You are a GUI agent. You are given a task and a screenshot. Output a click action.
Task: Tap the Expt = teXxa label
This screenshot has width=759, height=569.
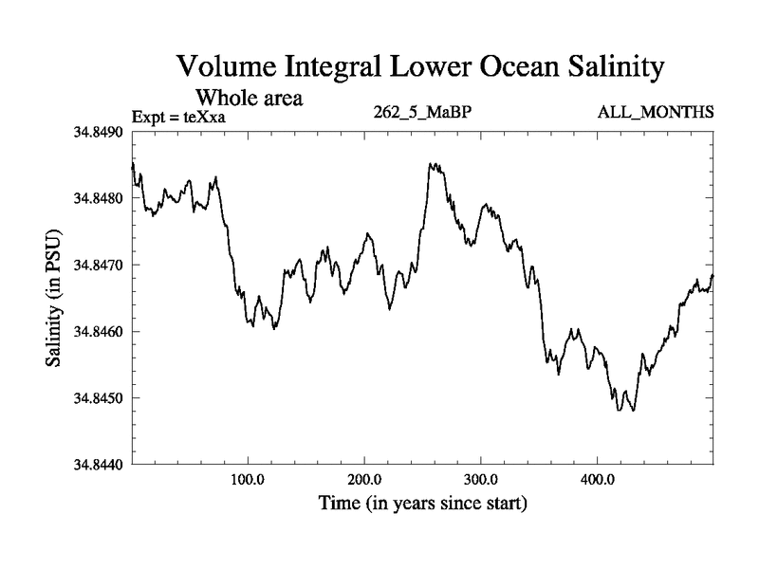[x=180, y=118]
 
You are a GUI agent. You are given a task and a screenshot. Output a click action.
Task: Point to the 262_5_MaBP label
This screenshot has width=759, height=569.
[x=423, y=112]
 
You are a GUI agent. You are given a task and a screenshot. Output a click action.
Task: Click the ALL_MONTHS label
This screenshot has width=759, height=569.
[x=657, y=112]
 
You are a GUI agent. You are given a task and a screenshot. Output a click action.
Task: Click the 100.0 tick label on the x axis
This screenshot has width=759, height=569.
[x=248, y=480]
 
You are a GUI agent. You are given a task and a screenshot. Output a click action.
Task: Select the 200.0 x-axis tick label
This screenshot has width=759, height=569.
[x=364, y=480]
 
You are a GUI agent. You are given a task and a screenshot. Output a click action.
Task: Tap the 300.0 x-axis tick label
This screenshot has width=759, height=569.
[x=481, y=480]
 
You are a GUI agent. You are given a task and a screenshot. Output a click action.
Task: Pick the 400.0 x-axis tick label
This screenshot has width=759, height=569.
[x=598, y=480]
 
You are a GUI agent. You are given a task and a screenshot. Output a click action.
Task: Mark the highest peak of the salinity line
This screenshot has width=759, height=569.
[x=431, y=163]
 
